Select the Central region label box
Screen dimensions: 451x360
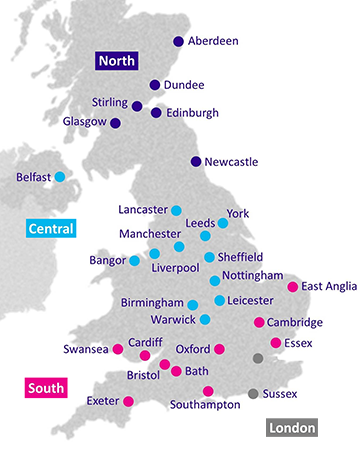[51, 229]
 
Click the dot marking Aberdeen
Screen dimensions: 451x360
[179, 42]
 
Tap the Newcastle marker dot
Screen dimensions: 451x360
[196, 161]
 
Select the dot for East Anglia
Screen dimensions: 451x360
[292, 287]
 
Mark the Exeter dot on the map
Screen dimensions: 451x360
[128, 402]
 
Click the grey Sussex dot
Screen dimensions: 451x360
[253, 393]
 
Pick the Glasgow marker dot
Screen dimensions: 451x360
[115, 123]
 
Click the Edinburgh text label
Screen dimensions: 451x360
[191, 113]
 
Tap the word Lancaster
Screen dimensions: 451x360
[142, 210]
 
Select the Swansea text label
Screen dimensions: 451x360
[85, 350]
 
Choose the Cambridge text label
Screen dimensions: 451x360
[295, 322]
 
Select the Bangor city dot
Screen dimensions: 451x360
[134, 260]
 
